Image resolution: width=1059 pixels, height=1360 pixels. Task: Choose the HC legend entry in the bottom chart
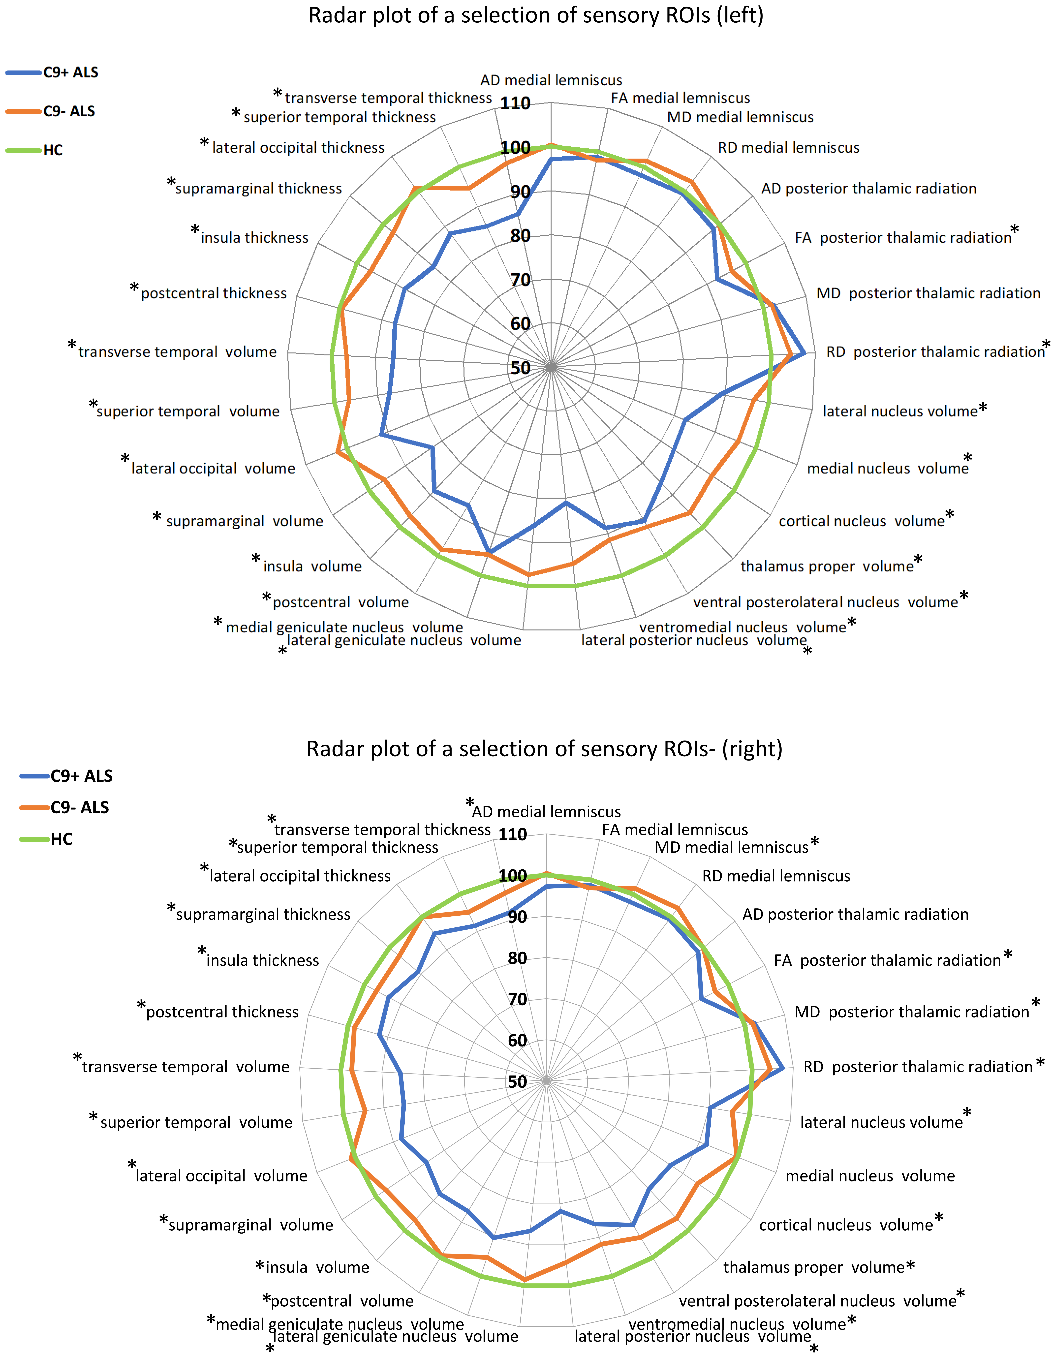point(62,839)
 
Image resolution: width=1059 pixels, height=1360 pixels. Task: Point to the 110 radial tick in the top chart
point(515,103)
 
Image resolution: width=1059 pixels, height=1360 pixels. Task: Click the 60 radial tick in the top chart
point(520,324)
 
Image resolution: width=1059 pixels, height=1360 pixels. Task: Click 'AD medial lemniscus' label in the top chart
point(551,80)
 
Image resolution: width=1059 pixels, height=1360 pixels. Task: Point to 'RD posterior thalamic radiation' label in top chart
point(935,352)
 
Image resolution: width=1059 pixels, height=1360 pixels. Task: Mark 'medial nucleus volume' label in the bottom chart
point(870,1176)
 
